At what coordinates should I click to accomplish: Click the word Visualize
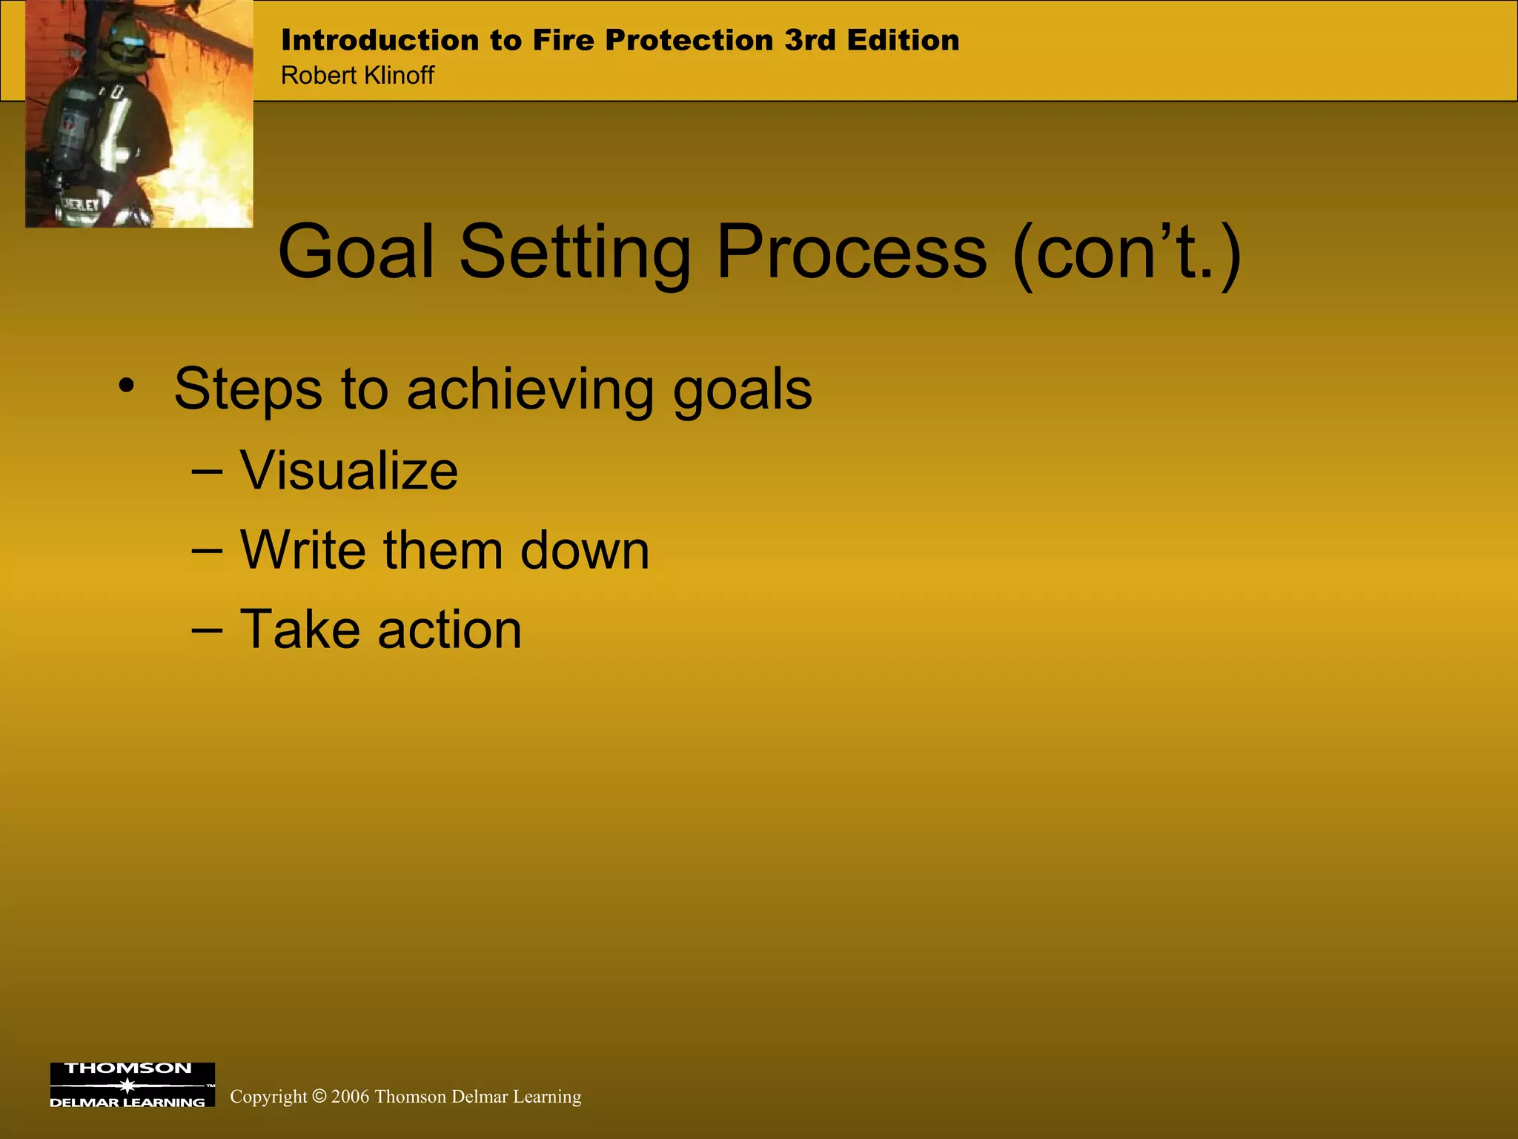(x=348, y=471)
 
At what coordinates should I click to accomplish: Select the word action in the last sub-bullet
(x=449, y=630)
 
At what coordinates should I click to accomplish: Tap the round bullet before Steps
(x=127, y=386)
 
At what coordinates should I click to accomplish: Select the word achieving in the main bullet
(x=530, y=390)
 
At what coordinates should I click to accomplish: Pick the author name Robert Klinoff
(x=357, y=76)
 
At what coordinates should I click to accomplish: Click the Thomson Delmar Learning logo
(x=132, y=1085)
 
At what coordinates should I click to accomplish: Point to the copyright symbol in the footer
(x=319, y=1096)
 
